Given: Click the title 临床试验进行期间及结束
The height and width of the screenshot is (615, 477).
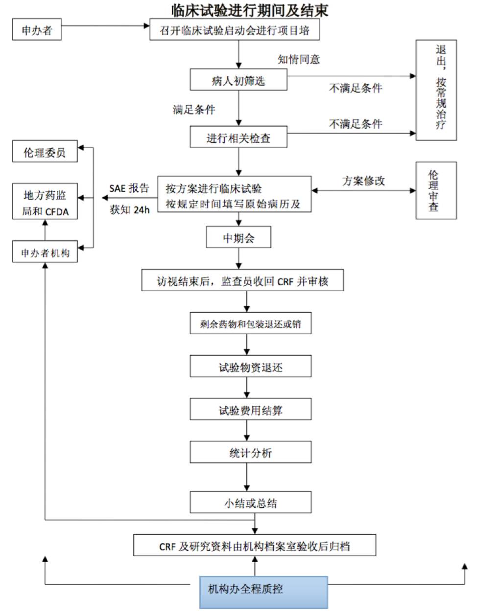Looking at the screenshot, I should pyautogui.click(x=249, y=10).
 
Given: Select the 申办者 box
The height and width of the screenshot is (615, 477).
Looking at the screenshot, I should pyautogui.click(x=37, y=30).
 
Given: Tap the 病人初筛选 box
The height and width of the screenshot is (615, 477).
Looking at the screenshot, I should pyautogui.click(x=238, y=80).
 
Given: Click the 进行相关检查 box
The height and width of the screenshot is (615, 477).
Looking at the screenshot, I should pyautogui.click(x=238, y=137).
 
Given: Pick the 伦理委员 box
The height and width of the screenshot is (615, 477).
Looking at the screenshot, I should pyautogui.click(x=45, y=152).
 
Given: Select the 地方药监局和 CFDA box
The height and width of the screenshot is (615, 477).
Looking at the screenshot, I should pyautogui.click(x=45, y=203).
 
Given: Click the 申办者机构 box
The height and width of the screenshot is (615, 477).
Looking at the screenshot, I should pyautogui.click(x=45, y=252).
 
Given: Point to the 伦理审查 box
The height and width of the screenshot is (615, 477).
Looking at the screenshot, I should pyautogui.click(x=436, y=190).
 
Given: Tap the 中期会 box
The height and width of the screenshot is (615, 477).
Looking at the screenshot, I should pyautogui.click(x=238, y=238).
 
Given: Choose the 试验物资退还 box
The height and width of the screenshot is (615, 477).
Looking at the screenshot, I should pyautogui.click(x=250, y=367).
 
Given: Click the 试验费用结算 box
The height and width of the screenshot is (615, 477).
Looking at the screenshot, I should pyautogui.click(x=250, y=410).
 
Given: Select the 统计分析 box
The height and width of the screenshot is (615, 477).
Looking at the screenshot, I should pyautogui.click(x=250, y=453).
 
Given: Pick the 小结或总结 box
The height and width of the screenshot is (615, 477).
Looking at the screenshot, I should pyautogui.click(x=250, y=502).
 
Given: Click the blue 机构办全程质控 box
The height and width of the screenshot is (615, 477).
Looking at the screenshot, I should pyautogui.click(x=263, y=591).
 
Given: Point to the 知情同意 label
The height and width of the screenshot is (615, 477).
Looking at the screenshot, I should pyautogui.click(x=299, y=60).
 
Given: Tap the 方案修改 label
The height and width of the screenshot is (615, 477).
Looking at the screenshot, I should pyautogui.click(x=363, y=181).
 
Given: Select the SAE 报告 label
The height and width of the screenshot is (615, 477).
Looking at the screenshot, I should pyautogui.click(x=129, y=188).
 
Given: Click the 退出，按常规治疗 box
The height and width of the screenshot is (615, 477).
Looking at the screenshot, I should pyautogui.click(x=436, y=91).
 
